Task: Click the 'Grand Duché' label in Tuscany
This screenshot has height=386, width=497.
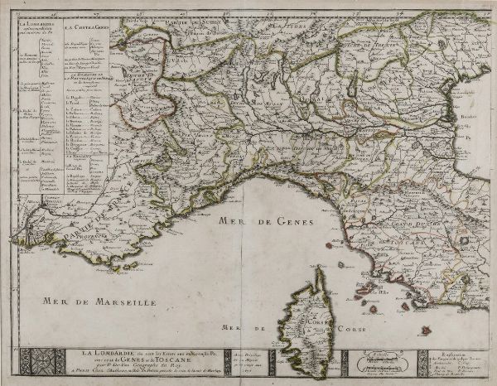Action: (x=403, y=222)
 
